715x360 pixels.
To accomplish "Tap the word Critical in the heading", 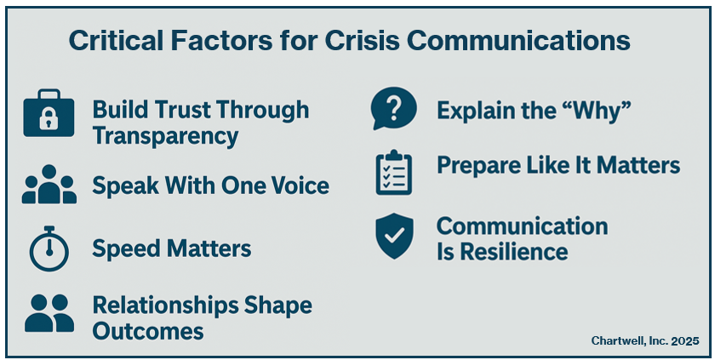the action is click(x=116, y=41).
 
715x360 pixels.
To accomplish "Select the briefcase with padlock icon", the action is click(x=49, y=113).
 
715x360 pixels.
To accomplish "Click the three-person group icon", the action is click(x=49, y=184).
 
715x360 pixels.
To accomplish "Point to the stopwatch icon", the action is click(x=49, y=249).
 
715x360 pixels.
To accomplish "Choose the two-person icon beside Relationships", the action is click(x=49, y=313).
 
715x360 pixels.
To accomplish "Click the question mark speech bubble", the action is click(x=393, y=108).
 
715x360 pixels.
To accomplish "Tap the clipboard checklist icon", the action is click(x=394, y=172).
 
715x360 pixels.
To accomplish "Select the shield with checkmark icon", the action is click(x=394, y=236).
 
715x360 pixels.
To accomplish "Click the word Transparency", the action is click(x=165, y=136).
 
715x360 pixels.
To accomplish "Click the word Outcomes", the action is click(x=148, y=331).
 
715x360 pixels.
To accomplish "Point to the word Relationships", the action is click(x=165, y=305).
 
